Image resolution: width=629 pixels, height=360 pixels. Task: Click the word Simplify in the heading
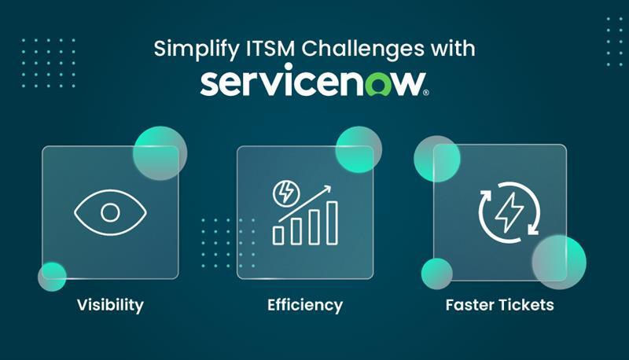[186, 48]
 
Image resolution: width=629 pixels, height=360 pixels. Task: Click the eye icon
[110, 212]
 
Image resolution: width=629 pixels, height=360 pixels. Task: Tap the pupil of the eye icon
[110, 212]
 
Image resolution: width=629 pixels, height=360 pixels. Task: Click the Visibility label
[110, 304]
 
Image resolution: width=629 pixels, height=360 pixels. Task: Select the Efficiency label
[305, 304]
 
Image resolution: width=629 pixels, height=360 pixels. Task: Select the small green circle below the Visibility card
[53, 276]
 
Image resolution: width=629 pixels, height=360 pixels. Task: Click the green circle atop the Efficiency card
[359, 149]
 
